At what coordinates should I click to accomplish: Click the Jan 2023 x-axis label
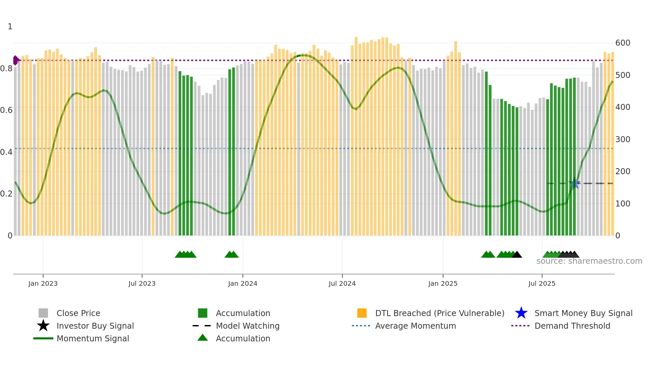tap(43, 283)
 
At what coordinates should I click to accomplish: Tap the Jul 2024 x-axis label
tap(342, 283)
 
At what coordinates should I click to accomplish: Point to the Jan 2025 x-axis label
tap(443, 283)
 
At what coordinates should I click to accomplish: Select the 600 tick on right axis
tap(623, 43)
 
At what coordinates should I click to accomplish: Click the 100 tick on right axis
tap(623, 203)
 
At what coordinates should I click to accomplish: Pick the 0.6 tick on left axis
tap(6, 110)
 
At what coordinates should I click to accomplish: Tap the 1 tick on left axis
tap(10, 27)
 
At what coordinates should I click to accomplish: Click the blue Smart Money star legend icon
tap(521, 313)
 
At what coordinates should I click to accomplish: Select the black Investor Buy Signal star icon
tap(43, 326)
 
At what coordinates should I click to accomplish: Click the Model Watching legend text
tap(248, 326)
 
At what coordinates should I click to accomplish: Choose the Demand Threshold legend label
tap(572, 326)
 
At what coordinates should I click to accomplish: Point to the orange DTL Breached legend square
tap(362, 313)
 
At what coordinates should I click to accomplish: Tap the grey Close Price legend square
tap(43, 313)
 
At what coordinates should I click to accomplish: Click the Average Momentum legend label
tap(415, 326)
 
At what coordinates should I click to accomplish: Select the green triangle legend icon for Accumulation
tap(203, 338)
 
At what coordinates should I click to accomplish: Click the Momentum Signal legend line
tap(43, 338)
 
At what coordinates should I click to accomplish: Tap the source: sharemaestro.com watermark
tap(589, 261)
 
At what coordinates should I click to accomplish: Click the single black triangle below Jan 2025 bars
tap(517, 255)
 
